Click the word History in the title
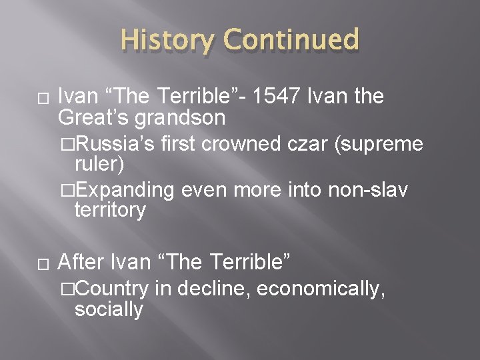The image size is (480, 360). (x=168, y=41)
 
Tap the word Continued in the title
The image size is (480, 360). (x=291, y=41)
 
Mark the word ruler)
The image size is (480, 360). (x=99, y=164)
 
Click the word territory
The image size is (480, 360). (x=110, y=211)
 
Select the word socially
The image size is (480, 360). (x=109, y=309)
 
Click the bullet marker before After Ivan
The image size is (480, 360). (x=43, y=264)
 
